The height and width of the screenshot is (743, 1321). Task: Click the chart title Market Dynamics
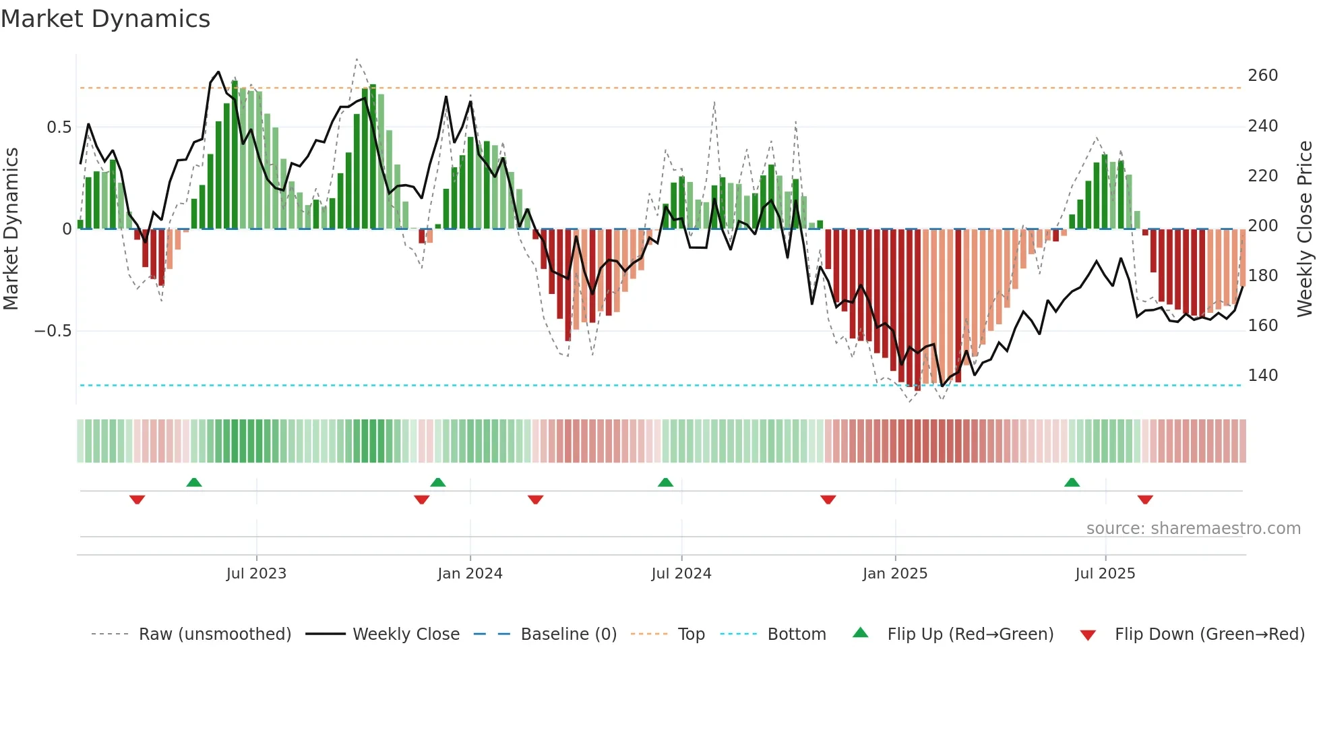tap(105, 19)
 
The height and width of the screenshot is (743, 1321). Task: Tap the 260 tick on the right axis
tap(1262, 76)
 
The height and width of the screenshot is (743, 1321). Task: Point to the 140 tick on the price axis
tap(1262, 376)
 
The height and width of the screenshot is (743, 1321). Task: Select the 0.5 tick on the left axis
tap(59, 127)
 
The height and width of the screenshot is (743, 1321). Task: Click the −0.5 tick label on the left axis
tap(53, 331)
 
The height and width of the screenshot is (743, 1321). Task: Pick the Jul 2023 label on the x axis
tap(256, 574)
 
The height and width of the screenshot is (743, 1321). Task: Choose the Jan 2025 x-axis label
tap(894, 574)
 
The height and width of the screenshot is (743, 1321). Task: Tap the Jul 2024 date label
tap(681, 574)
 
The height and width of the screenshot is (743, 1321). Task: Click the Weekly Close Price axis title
tap(1305, 229)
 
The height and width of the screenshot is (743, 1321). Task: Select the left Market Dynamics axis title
tap(11, 229)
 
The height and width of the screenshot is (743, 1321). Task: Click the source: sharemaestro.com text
tap(1193, 529)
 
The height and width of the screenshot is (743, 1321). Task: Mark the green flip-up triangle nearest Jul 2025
tap(1072, 482)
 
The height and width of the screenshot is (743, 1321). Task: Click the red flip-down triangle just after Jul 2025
tap(1145, 500)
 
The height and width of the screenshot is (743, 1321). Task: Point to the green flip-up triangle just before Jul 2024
tap(665, 482)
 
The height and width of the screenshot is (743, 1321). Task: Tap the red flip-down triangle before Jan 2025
tap(828, 500)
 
